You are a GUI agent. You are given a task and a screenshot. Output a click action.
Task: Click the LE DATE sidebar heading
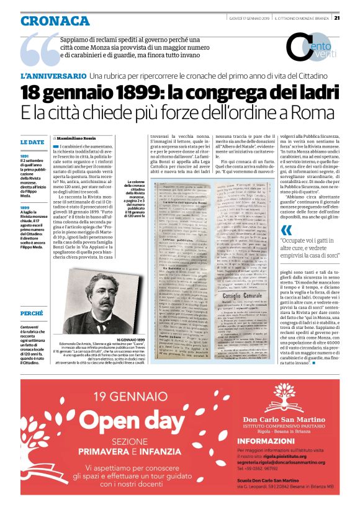pos(32,142)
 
